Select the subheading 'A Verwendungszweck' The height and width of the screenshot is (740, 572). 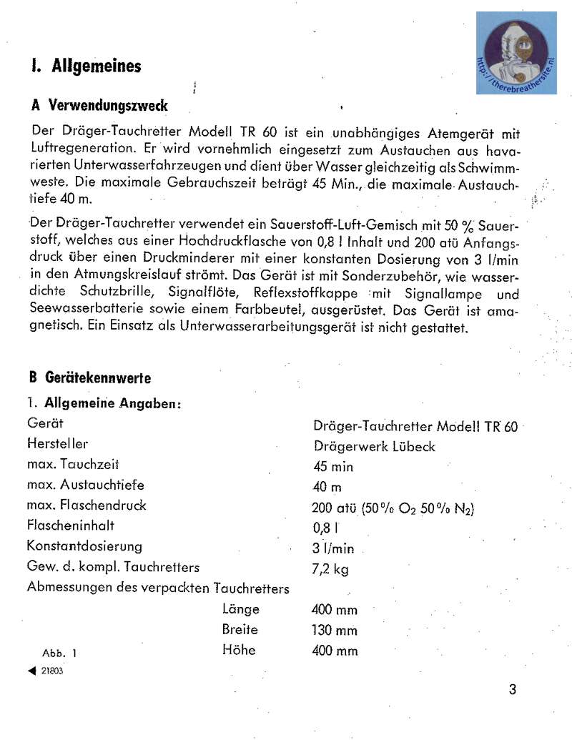tap(99, 105)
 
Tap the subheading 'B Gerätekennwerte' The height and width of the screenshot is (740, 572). tap(90, 378)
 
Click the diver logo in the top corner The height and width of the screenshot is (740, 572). tap(517, 53)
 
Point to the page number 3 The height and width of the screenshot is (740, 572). tap(512, 689)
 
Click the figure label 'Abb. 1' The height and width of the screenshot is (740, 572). tap(59, 653)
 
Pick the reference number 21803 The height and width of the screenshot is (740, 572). tap(52, 671)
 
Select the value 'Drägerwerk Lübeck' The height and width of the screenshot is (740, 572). tap(374, 447)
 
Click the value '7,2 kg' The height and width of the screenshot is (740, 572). tap(331, 569)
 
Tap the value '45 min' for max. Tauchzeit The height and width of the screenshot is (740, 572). tap(332, 467)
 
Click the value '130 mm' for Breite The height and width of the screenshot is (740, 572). tap(335, 631)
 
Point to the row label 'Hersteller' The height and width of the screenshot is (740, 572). tap(58, 444)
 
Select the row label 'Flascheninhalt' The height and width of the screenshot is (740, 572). tap(71, 526)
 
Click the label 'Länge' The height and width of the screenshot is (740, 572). tap(240, 610)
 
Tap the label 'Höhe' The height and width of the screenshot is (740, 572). tap(239, 651)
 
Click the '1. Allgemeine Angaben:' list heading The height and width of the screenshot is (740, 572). tap(103, 403)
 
